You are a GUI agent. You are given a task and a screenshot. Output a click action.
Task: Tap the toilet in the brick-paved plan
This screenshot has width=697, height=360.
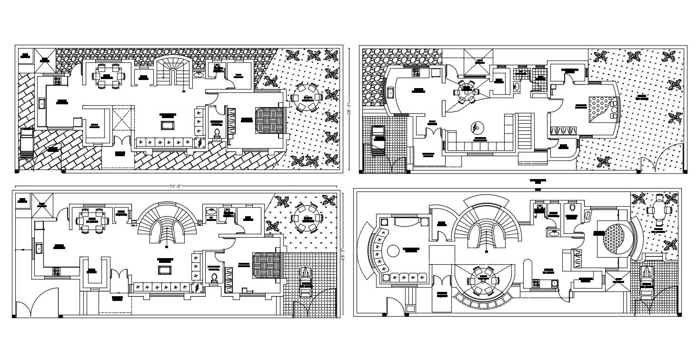(x=217, y=132)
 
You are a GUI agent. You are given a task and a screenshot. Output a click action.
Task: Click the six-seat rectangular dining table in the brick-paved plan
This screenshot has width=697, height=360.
(x=107, y=75)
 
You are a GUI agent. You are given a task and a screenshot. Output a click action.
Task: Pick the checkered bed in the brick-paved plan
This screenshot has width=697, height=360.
(x=269, y=120)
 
